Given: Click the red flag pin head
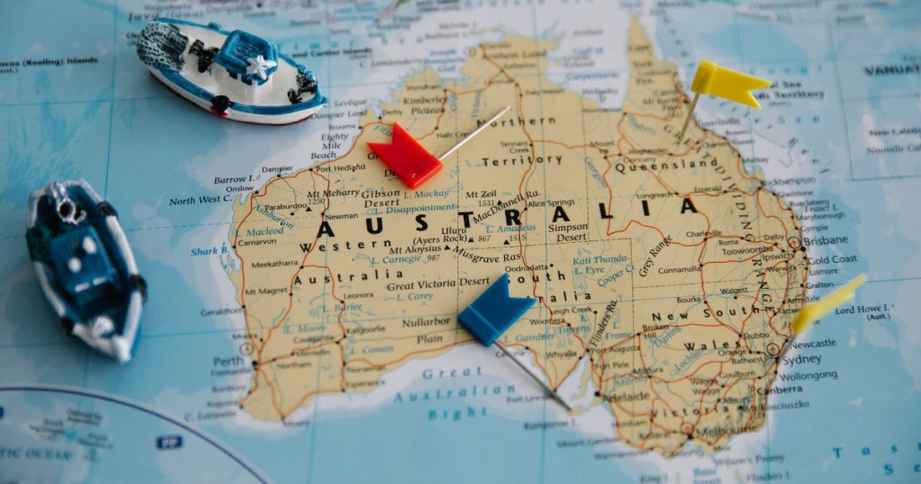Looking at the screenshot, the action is pos(404,156).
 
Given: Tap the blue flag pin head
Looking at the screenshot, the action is pos(494,309).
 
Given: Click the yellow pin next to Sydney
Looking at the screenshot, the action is pos(827,305).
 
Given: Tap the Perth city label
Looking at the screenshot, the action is pos(227,361).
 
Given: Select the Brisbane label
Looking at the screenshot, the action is pos(825,240).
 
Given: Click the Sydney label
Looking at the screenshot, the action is pos(801,360).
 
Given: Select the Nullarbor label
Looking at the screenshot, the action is pos(426,322).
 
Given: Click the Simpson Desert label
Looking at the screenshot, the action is pos(568,232).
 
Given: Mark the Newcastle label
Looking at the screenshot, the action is pos(813,343).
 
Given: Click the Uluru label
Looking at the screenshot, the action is pos(454,229).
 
